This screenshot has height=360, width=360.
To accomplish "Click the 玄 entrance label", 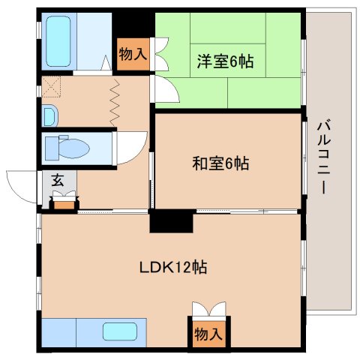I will pos(57,180).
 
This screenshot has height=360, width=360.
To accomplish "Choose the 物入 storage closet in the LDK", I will pos(208,333).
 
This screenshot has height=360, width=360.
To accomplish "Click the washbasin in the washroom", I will pos(48,116).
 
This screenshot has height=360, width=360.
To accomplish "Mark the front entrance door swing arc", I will pos(20,185).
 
